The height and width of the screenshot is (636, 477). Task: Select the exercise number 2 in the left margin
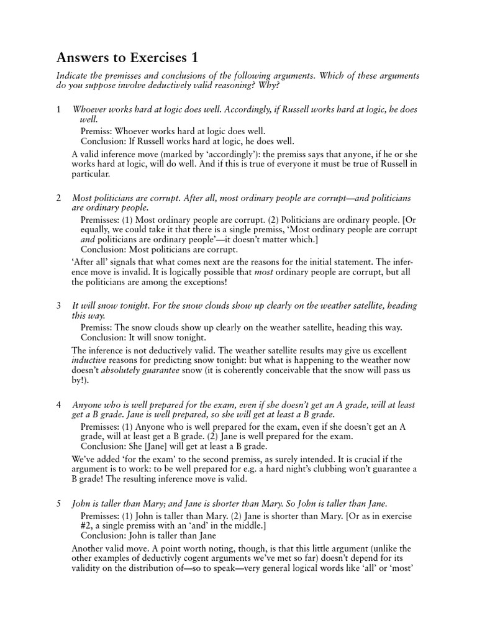(58, 198)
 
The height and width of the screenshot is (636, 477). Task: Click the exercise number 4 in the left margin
(58, 405)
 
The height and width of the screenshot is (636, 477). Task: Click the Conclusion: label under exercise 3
(103, 338)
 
